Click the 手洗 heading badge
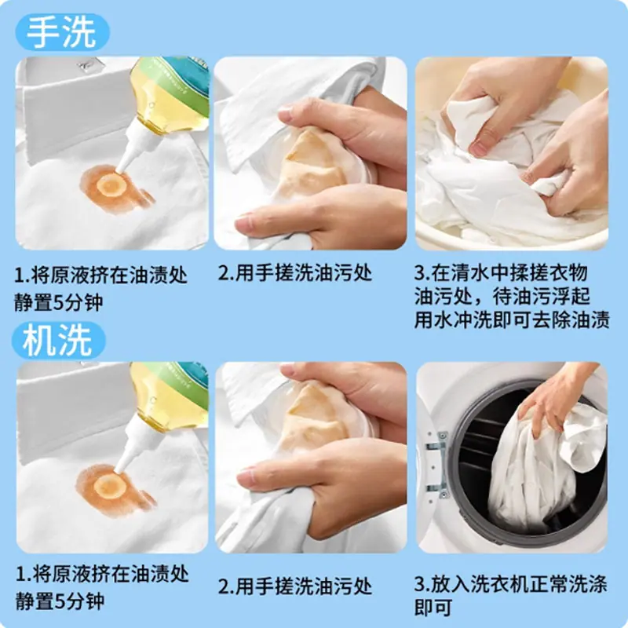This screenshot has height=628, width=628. coord(62,32)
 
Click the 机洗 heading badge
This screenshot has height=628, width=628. coord(59,341)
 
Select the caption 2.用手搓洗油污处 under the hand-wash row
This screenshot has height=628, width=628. coord(295,273)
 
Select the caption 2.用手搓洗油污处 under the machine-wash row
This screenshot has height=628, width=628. coord(295,586)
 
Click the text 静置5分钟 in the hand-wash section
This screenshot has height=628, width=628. coord(58,302)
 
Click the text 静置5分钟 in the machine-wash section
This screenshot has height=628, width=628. coord(60,601)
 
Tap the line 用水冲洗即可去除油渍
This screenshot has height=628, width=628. coord(512,320)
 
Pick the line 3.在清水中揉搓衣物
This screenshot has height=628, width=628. coord(501,273)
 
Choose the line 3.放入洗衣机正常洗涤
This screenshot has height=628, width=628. coord(511,585)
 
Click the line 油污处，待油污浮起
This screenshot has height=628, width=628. coord(502,297)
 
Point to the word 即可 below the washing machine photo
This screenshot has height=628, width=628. coord(433,608)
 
